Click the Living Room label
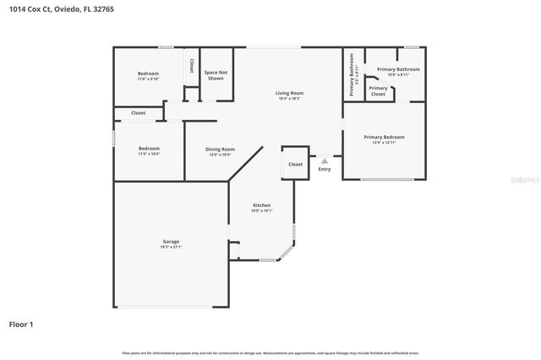coord(289,93)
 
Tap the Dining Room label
coord(220,150)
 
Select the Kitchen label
coord(262,206)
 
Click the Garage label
coord(171,242)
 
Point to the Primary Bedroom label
coord(384,137)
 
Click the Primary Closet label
coord(378,90)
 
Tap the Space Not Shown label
coord(216,74)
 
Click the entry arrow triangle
coord(325,160)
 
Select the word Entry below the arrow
coord(325,169)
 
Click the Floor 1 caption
coord(21,324)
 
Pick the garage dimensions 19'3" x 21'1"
coord(171,248)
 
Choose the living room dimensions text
coord(289,99)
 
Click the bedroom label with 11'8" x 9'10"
coord(148,74)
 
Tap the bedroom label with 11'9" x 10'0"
coord(148,149)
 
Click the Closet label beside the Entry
coord(295,164)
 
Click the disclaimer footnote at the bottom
coord(270,352)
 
